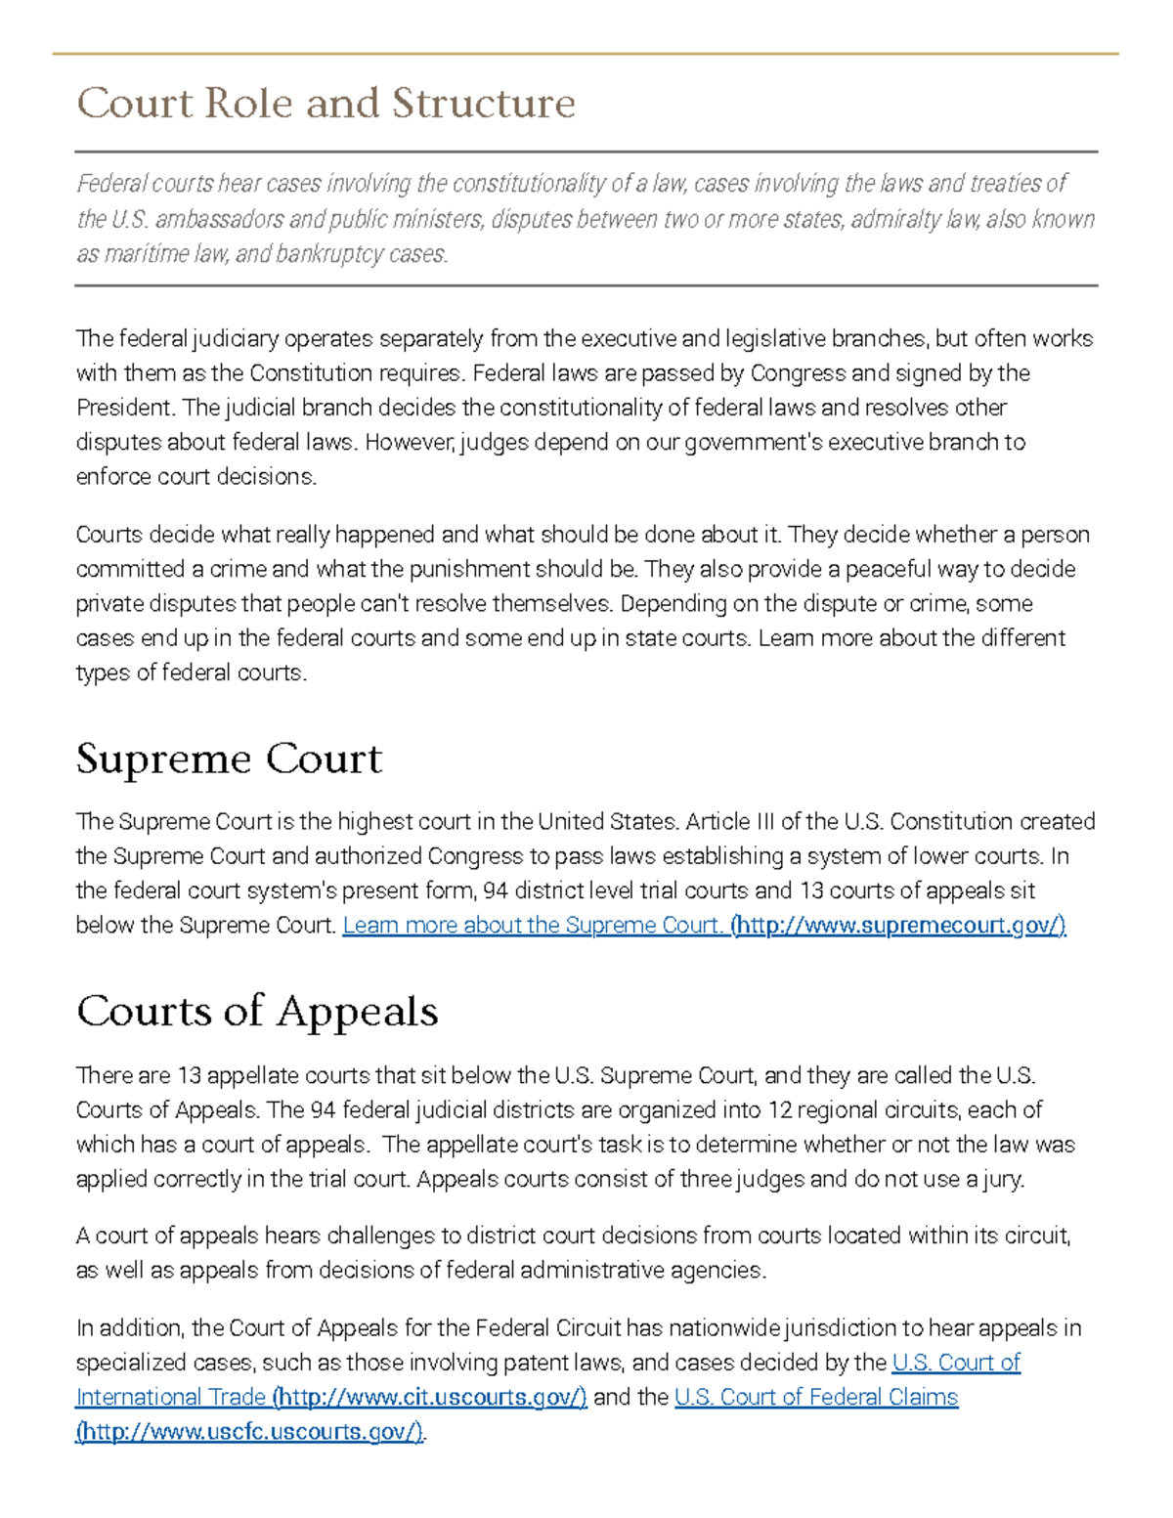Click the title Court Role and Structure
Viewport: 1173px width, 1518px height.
(x=326, y=103)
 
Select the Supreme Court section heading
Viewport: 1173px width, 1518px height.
(x=229, y=759)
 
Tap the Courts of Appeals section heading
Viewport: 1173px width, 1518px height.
(x=257, y=1011)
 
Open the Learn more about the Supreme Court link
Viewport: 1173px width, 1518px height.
(x=532, y=925)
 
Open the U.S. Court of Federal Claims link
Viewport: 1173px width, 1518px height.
(x=816, y=1397)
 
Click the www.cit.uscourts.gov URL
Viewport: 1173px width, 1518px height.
(x=430, y=1397)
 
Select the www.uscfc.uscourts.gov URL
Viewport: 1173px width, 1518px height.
(x=250, y=1431)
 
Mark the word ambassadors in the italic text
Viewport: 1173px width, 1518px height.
(x=220, y=219)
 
